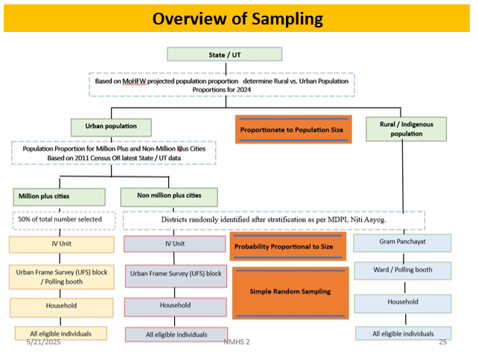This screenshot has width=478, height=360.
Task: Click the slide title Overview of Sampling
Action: [238, 19]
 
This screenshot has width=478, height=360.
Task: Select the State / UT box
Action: [224, 54]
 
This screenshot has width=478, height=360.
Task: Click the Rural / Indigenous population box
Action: [406, 128]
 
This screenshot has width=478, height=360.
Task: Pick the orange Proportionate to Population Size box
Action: [291, 129]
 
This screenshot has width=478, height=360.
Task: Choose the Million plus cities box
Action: [59, 197]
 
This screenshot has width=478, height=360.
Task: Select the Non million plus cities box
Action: [170, 196]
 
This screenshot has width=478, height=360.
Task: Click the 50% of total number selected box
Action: [62, 221]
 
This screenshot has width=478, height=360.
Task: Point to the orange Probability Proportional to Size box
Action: [289, 246]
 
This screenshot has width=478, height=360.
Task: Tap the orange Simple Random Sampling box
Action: [290, 292]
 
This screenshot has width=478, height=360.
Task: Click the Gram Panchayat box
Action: [401, 243]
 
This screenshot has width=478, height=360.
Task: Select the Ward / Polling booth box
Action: [402, 269]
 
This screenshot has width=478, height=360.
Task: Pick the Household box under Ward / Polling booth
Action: [402, 303]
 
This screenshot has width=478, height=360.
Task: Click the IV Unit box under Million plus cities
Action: [61, 244]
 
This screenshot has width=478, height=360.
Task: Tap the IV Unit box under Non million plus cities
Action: [174, 244]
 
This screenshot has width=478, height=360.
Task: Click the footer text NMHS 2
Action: [236, 342]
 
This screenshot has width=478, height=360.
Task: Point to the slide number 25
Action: [442, 342]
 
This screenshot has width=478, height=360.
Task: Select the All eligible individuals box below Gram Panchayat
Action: [403, 334]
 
